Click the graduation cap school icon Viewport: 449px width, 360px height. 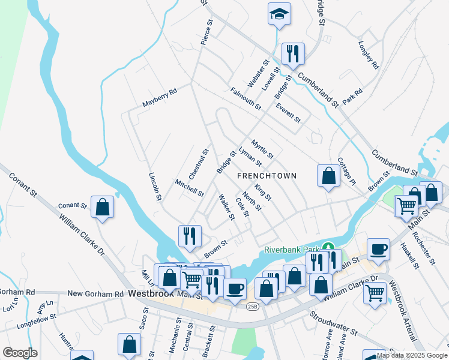coord(279,14)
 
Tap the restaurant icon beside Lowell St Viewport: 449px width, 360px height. coord(293,54)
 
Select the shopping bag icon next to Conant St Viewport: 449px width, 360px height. coord(103,208)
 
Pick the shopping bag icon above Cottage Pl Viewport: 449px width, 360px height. coord(328,176)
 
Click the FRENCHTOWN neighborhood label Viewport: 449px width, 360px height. coord(267,176)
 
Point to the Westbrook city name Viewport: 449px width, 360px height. coord(151,294)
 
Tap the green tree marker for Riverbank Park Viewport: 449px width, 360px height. coord(328,247)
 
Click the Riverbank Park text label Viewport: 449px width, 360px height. coord(292,250)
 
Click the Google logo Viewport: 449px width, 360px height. coord(20,353)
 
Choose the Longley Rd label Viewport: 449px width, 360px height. coord(369,55)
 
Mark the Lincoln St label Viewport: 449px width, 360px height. coord(155,187)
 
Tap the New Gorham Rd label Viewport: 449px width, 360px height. coord(95,294)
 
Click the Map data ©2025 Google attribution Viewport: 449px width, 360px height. coord(412,355)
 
